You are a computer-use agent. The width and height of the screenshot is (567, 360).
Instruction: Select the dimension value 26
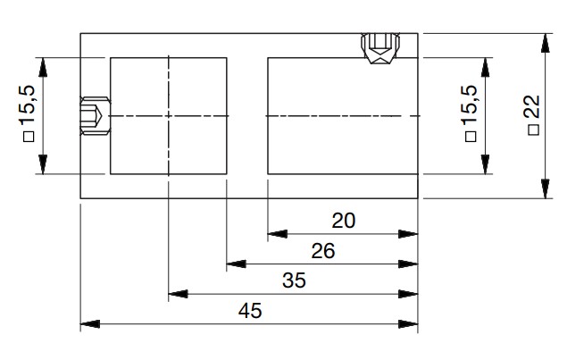click(x=322, y=251)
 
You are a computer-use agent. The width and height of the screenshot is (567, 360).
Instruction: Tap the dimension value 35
click(x=293, y=280)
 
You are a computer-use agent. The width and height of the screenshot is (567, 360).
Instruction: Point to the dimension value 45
click(x=249, y=311)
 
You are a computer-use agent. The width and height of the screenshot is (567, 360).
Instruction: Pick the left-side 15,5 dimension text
click(x=28, y=107)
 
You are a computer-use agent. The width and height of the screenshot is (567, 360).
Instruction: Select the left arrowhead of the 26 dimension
click(x=235, y=264)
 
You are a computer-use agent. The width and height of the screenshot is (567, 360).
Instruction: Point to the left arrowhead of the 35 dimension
click(x=177, y=294)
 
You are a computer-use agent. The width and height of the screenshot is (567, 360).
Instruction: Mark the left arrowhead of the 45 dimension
click(x=89, y=324)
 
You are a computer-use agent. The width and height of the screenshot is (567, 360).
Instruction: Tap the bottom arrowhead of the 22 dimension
click(x=545, y=189)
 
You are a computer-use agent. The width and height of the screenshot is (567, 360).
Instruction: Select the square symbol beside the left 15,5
click(x=28, y=137)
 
